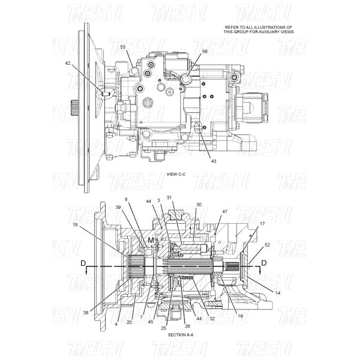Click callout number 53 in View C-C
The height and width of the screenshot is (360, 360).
click(x=122, y=46)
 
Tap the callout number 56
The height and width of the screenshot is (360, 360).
click(x=205, y=52)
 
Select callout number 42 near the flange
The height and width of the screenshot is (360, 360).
click(x=68, y=62)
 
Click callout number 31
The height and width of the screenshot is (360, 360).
click(x=169, y=199)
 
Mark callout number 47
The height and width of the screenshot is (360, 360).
click(x=224, y=212)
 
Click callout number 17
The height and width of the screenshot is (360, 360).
click(x=262, y=224)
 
